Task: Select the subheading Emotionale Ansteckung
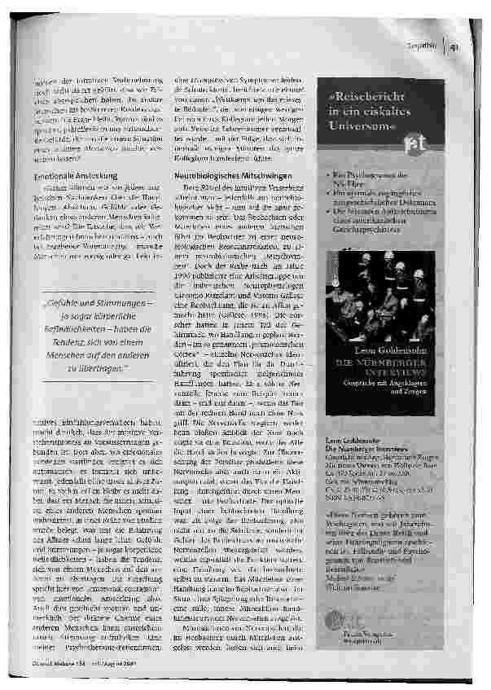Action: (x=74, y=175)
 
